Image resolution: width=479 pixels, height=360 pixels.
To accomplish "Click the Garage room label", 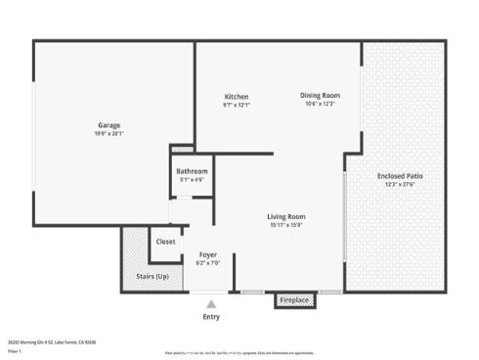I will tap(109, 124).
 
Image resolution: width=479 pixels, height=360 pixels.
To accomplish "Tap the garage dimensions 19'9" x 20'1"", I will tap(109, 133).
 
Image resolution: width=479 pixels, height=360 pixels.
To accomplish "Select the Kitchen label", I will tap(237, 97).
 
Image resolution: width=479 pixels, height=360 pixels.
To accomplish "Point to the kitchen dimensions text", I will tap(237, 105).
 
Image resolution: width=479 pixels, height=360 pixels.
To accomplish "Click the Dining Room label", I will tap(320, 95).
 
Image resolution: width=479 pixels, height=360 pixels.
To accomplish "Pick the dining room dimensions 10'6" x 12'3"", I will tap(320, 103).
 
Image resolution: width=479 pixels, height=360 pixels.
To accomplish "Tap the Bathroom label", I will tap(191, 171).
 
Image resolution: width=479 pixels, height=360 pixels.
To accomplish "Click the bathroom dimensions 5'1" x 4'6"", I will tap(191, 179).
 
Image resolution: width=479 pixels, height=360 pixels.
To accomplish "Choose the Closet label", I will tap(165, 242).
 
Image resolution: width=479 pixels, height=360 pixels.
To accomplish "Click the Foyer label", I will tap(207, 254).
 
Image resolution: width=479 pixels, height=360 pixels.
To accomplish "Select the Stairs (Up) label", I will tap(152, 277).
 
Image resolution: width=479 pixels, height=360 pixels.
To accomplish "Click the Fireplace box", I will tap(295, 300).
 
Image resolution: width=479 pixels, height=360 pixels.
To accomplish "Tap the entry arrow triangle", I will tap(211, 304).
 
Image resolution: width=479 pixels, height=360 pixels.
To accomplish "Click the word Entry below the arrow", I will tap(211, 316).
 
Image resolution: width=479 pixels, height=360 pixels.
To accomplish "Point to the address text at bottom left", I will tap(52, 341).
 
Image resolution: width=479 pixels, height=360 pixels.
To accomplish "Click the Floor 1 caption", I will tap(15, 350).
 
